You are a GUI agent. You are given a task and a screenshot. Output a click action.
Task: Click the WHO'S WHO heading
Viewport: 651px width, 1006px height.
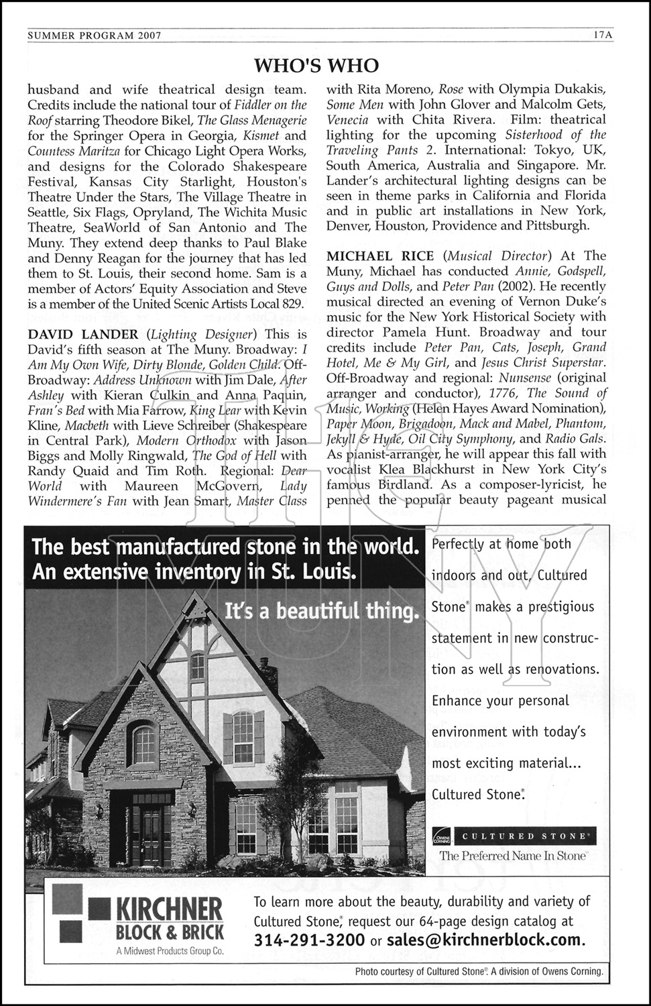click(x=316, y=65)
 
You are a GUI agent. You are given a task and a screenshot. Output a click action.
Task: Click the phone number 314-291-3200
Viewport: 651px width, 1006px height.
click(x=309, y=940)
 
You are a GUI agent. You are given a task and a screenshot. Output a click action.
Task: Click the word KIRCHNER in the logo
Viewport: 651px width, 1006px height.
click(x=170, y=910)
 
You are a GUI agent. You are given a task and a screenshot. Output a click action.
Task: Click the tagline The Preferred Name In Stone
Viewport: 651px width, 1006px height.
click(x=513, y=856)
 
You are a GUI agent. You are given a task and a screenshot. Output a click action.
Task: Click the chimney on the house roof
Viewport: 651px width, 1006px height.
click(x=269, y=673)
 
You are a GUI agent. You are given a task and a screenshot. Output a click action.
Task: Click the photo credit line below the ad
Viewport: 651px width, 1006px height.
click(x=479, y=971)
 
